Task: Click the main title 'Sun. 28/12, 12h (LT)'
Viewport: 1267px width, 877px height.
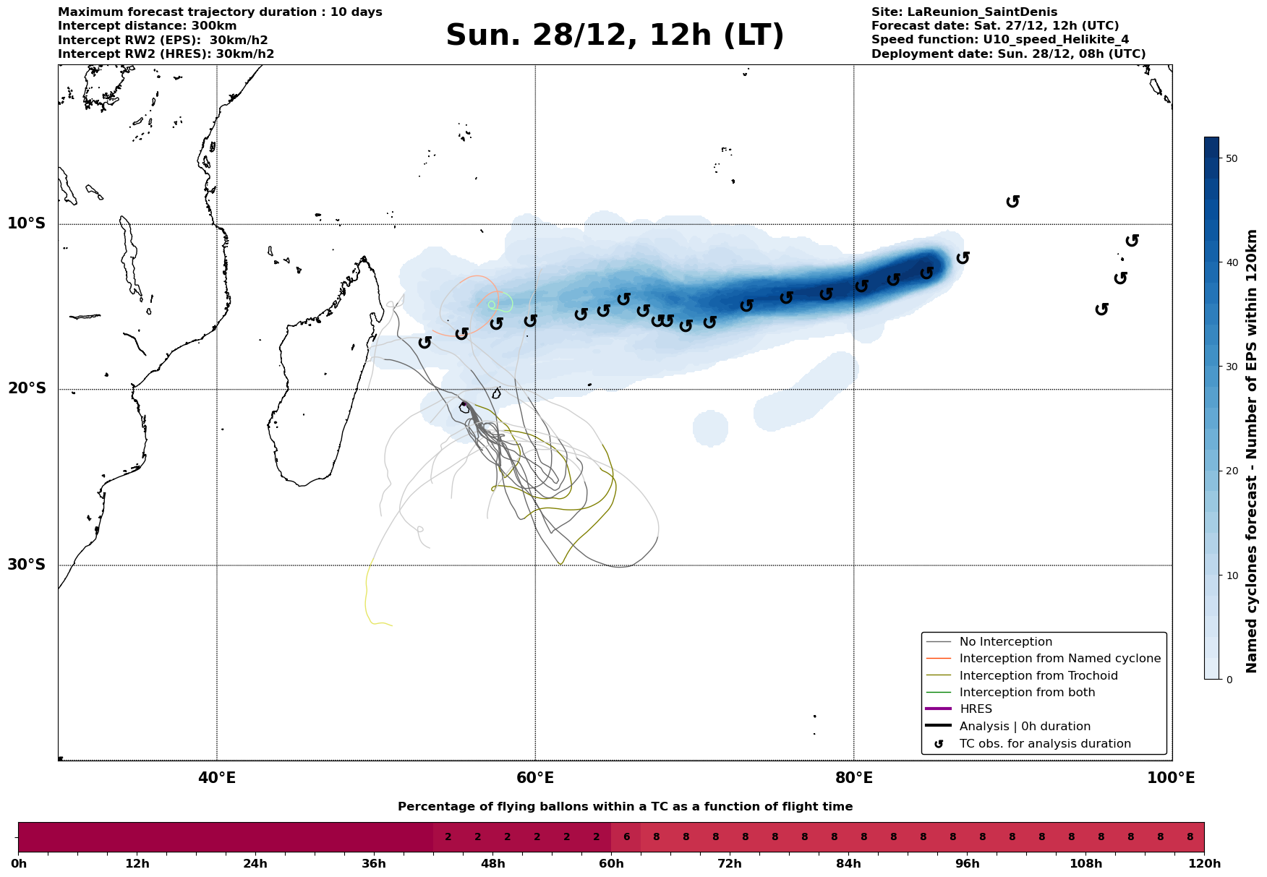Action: pyautogui.click(x=615, y=35)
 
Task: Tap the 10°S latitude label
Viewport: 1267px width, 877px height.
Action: pyautogui.click(x=27, y=223)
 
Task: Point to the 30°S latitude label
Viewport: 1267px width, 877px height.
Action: pyautogui.click(x=27, y=565)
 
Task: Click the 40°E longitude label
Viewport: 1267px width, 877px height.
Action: pyautogui.click(x=217, y=779)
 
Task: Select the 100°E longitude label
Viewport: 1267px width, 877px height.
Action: pyautogui.click(x=1172, y=779)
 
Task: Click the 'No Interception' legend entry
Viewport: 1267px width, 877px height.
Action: pyautogui.click(x=1005, y=642)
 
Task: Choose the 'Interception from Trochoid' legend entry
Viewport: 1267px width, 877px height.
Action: pyautogui.click(x=1038, y=676)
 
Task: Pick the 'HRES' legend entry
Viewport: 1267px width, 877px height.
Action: pyautogui.click(x=976, y=709)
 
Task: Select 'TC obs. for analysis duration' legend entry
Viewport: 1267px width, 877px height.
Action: pyautogui.click(x=1045, y=744)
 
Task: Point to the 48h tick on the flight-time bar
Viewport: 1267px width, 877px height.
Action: pyautogui.click(x=492, y=864)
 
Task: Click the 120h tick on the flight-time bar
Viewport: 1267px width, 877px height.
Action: pyautogui.click(x=1204, y=864)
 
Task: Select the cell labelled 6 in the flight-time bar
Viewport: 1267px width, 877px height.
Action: pyautogui.click(x=626, y=837)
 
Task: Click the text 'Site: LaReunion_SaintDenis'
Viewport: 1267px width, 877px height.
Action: pyautogui.click(x=964, y=12)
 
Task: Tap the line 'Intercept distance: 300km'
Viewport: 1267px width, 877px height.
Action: pyautogui.click(x=148, y=26)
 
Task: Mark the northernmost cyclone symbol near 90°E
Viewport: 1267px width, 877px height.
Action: pyautogui.click(x=1013, y=201)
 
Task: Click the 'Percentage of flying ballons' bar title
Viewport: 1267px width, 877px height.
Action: pyautogui.click(x=625, y=807)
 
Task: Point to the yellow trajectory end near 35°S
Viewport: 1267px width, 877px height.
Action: pyautogui.click(x=391, y=625)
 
